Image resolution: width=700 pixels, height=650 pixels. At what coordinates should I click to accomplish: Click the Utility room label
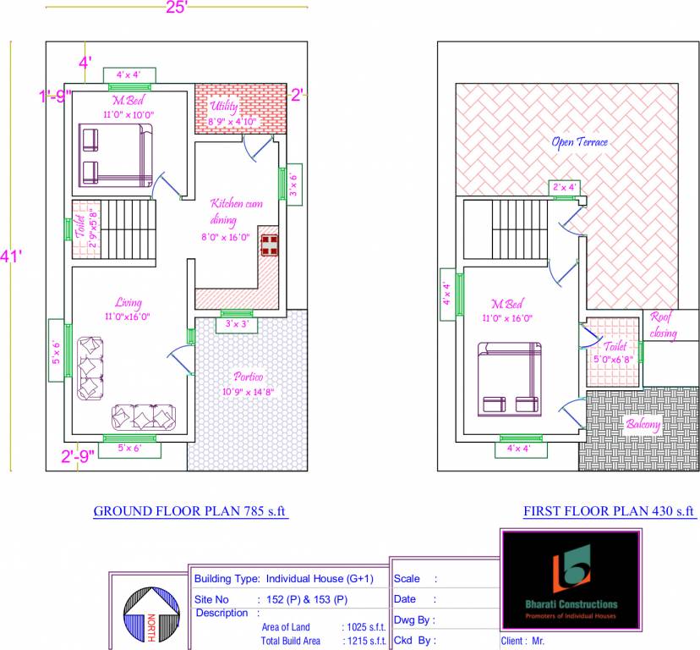[226, 107]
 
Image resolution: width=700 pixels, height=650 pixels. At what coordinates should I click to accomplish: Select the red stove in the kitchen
[270, 245]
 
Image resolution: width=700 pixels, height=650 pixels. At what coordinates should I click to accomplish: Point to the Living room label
[129, 303]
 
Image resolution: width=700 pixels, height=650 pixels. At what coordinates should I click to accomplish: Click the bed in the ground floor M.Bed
[116, 155]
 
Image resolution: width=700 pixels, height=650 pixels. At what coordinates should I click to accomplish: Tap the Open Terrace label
[579, 142]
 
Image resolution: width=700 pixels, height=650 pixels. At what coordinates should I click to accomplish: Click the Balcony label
[643, 424]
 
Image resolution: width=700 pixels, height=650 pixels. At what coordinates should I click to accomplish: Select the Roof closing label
[664, 325]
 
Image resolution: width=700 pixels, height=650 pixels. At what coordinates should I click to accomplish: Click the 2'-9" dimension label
[77, 458]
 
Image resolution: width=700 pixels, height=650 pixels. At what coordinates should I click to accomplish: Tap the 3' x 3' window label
[236, 324]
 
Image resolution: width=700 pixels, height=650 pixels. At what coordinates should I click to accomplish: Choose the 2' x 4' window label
[564, 186]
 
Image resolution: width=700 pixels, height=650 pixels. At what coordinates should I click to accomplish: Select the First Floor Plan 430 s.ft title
[609, 511]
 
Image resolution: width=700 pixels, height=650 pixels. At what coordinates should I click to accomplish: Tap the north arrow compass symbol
[151, 613]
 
